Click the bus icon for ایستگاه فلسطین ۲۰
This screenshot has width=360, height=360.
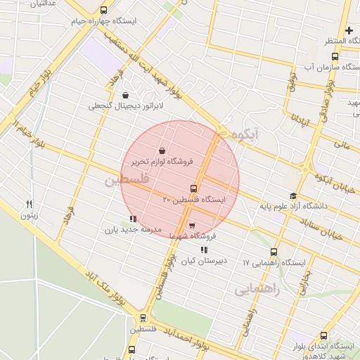point(193,188)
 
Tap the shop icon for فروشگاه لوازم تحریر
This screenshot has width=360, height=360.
point(162,150)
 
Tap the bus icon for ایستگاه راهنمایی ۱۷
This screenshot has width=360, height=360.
point(274,252)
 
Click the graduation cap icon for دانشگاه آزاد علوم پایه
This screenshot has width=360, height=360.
point(293,196)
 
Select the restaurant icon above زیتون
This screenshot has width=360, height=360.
point(30,204)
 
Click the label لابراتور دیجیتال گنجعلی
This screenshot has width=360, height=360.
point(125,106)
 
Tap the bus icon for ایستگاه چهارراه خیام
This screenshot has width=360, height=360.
point(105,11)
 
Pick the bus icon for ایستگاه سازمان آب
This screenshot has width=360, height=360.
point(334,56)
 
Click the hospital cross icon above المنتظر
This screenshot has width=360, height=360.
point(349,30)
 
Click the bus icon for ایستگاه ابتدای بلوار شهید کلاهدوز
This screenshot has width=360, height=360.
point(323,335)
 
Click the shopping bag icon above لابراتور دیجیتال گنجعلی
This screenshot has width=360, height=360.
point(125,95)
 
